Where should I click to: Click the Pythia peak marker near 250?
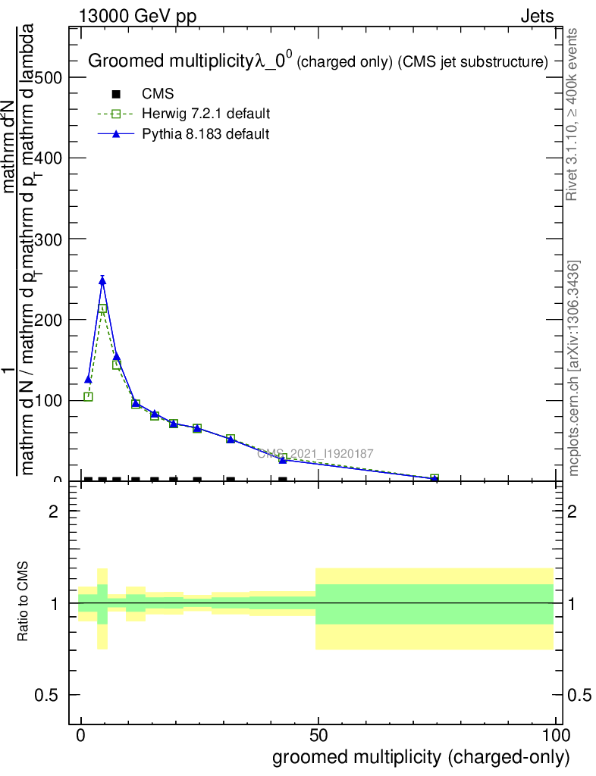click(x=102, y=280)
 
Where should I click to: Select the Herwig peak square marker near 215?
click(x=102, y=308)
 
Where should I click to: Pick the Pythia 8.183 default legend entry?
click(x=205, y=133)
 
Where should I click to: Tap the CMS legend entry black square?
click(x=116, y=94)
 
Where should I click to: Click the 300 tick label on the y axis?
click(x=48, y=239)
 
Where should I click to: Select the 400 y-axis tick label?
click(x=48, y=158)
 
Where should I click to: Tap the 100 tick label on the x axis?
click(x=555, y=736)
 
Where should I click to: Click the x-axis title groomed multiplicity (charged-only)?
click(x=420, y=756)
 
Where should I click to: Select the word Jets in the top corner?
click(x=536, y=16)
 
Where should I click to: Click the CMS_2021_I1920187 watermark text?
click(x=315, y=453)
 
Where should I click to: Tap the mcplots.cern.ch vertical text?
click(x=575, y=368)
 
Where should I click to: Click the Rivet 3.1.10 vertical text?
click(x=573, y=114)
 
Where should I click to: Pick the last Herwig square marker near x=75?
click(x=434, y=478)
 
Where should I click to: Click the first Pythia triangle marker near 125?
click(x=88, y=379)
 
